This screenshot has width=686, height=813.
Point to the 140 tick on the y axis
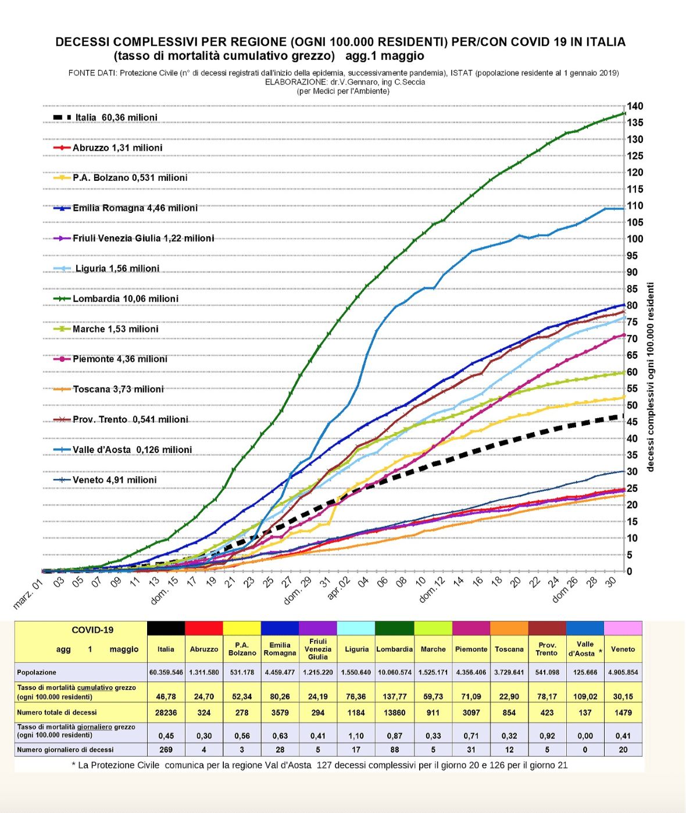[635, 106]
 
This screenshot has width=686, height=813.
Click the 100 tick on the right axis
[635, 239]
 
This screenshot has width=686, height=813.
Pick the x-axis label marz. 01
[28, 594]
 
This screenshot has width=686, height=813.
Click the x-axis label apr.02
[339, 588]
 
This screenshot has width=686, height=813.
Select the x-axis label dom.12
[431, 590]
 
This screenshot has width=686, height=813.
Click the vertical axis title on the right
[651, 377]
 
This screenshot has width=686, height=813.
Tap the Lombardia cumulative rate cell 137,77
[394, 696]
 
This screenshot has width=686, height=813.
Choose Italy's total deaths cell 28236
[166, 712]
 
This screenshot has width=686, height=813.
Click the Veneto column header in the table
[623, 649]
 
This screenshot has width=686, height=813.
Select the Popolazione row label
[37, 672]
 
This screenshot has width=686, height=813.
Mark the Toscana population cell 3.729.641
[509, 672]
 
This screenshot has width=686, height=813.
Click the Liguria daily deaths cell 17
[356, 750]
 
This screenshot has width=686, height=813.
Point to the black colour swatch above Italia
[166, 628]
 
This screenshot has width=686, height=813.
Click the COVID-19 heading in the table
[92, 630]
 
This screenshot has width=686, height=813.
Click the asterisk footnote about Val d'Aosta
[320, 765]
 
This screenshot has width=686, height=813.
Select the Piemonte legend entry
[119, 359]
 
